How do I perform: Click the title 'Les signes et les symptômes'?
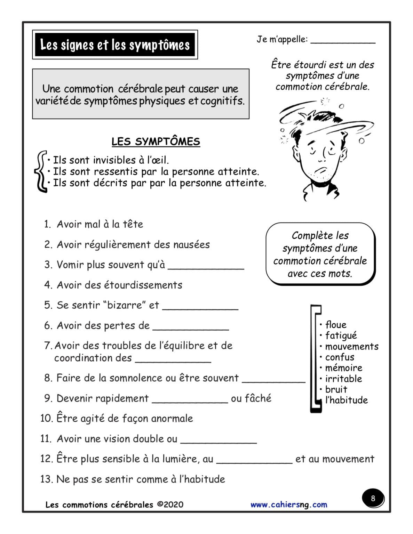[115, 45]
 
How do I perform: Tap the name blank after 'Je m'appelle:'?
[343, 40]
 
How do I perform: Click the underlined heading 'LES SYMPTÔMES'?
[156, 141]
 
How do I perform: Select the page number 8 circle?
[373, 499]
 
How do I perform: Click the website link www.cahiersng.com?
[289, 504]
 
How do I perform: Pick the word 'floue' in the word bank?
[336, 325]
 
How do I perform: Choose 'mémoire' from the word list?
[343, 368]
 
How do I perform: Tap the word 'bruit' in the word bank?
[336, 389]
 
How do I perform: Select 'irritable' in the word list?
[343, 379]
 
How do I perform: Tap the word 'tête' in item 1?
[133, 224]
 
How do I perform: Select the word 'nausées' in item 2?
[191, 244]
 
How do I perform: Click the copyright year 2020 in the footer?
[173, 504]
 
